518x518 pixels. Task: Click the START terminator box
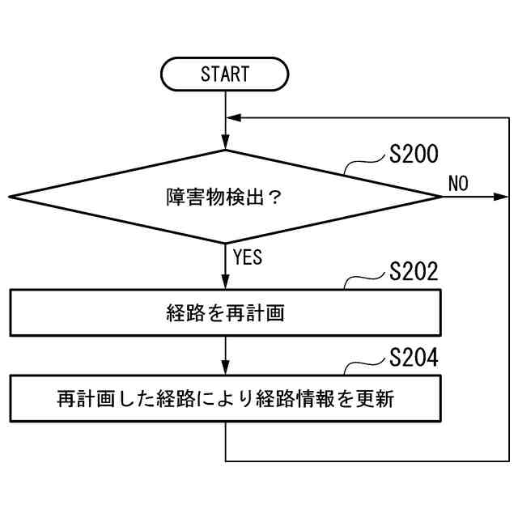coord(225,74)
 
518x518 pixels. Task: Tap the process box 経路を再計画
coord(225,312)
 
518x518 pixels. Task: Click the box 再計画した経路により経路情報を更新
coord(225,399)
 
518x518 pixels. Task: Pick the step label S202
coord(413,271)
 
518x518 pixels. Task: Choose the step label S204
coord(413,358)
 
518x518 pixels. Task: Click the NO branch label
coord(458,183)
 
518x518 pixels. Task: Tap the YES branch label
coord(247,258)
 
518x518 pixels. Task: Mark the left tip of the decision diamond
coord(10,197)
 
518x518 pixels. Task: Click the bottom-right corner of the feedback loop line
coord(509,461)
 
